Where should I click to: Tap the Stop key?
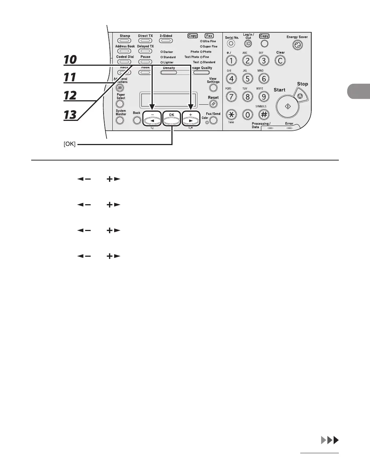pyautogui.click(x=301, y=96)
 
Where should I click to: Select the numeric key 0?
pyautogui.click(x=248, y=115)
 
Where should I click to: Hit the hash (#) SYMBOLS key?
pyautogui.click(x=264, y=115)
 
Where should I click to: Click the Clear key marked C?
pyautogui.click(x=280, y=61)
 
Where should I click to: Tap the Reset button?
pyautogui.click(x=213, y=104)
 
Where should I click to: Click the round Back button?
pyautogui.click(x=137, y=120)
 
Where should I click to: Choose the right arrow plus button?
pyautogui.click(x=190, y=120)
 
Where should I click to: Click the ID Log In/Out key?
pyautogui.click(x=248, y=44)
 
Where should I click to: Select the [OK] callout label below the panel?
pyautogui.click(x=70, y=144)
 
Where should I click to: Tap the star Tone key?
pyautogui.click(x=231, y=115)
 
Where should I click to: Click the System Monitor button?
pyautogui.click(x=120, y=120)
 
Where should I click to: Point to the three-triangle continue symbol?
pyautogui.click(x=329, y=440)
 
